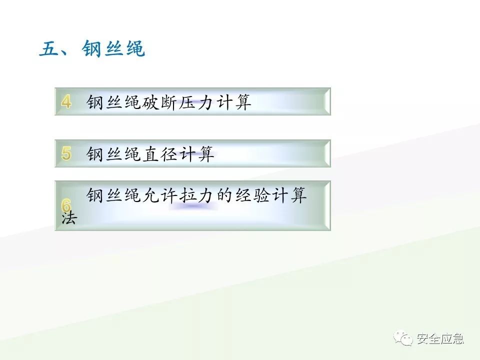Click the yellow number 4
point(66,102)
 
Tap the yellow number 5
point(66,153)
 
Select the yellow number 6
point(66,205)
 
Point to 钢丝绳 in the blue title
point(113,50)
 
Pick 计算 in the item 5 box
point(199,154)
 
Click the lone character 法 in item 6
point(68,218)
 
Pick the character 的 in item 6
point(227,195)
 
